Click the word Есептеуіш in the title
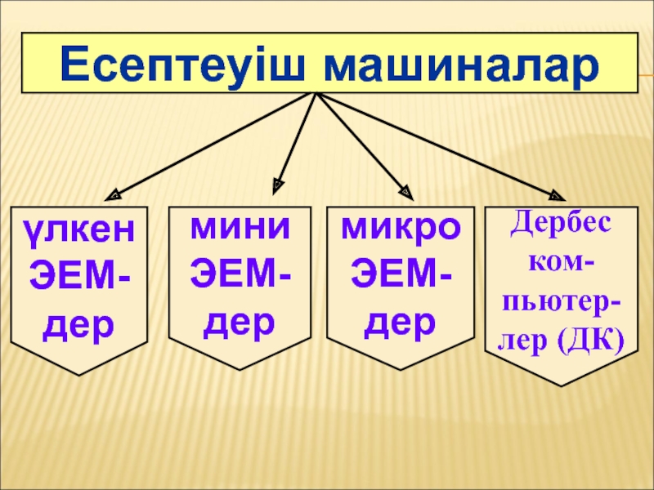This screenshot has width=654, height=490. pos(185,65)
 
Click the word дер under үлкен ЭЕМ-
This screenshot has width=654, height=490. pos(78,325)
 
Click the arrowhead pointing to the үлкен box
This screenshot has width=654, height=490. pos(114,195)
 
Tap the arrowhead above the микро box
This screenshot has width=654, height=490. pos(405,193)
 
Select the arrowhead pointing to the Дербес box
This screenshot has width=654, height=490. pos(557,195)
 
